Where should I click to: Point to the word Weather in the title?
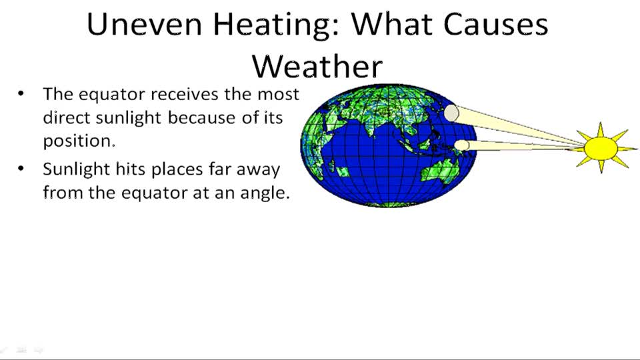click(317, 67)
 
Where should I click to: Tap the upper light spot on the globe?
click(451, 113)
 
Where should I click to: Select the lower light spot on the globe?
click(462, 145)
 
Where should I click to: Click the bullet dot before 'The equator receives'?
click(21, 94)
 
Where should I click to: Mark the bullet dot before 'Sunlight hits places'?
click(21, 169)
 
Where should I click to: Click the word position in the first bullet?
click(78, 142)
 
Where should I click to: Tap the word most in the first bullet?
click(279, 94)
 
